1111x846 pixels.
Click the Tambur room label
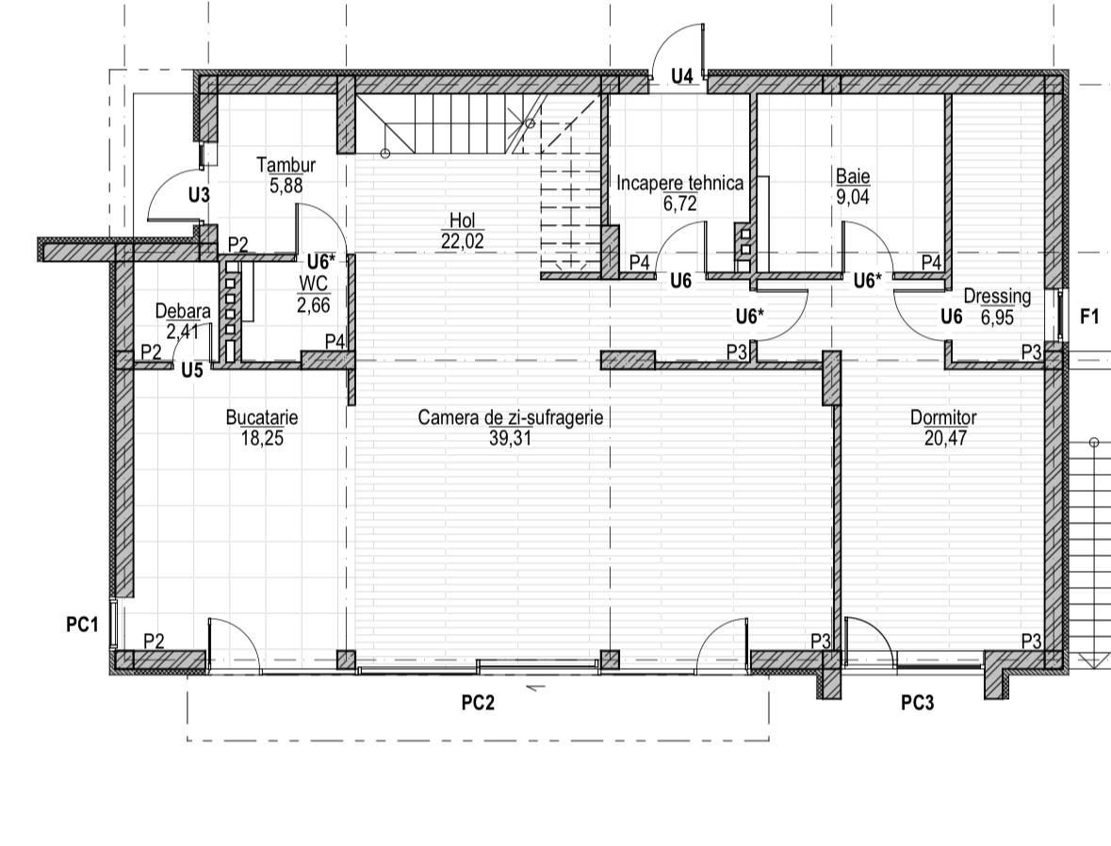click(286, 165)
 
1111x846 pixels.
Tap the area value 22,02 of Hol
click(462, 241)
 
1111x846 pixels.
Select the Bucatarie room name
click(261, 417)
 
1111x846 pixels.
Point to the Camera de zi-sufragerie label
click(510, 417)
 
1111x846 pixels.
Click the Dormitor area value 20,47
click(945, 438)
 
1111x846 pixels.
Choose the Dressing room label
click(997, 296)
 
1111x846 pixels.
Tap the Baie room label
click(853, 176)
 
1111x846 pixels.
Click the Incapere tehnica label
click(680, 183)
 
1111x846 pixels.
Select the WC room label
click(313, 284)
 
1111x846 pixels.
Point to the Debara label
click(183, 311)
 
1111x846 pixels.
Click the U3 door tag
click(199, 194)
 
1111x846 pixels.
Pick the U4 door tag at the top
click(682, 75)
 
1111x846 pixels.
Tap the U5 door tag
click(192, 369)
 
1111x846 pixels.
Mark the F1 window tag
click(1089, 317)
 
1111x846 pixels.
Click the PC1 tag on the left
click(82, 625)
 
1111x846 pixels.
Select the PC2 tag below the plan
click(479, 702)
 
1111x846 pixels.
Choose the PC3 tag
click(918, 702)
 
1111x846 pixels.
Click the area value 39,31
click(510, 438)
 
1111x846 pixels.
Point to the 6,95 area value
click(997, 317)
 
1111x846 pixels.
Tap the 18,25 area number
click(262, 438)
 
